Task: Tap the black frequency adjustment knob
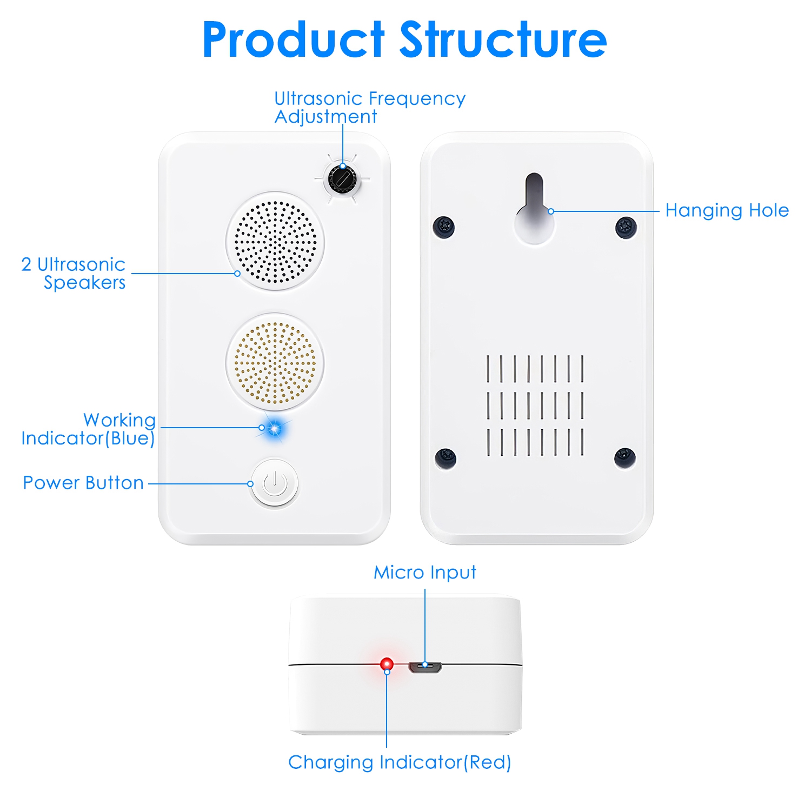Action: coord(342,178)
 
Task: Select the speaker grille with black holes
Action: coord(275,241)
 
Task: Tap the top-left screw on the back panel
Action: coord(444,226)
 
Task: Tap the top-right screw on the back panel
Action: coord(626,227)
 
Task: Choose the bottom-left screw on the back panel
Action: coord(446,458)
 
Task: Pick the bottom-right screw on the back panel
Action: coord(625,458)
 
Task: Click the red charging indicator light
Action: coord(387,663)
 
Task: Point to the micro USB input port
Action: coord(425,667)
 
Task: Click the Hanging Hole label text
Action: coord(727,210)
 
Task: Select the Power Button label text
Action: coord(83,483)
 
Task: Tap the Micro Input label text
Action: coord(425,573)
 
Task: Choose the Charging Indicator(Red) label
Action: coord(400,762)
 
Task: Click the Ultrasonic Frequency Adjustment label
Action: coord(370,108)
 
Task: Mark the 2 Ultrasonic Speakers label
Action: coord(74,274)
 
